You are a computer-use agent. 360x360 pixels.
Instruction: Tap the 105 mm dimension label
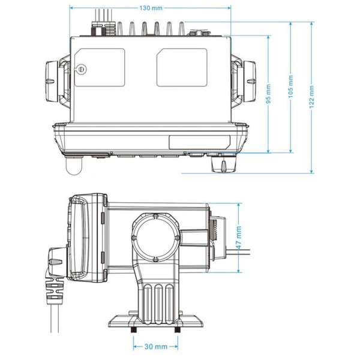coord(292,87)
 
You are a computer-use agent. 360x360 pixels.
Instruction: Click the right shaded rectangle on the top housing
coord(182,67)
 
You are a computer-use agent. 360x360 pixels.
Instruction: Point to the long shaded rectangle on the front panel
coord(199,143)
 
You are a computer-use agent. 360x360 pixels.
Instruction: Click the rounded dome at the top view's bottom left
coord(73,166)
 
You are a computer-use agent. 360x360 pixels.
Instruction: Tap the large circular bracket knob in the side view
coord(154,236)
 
